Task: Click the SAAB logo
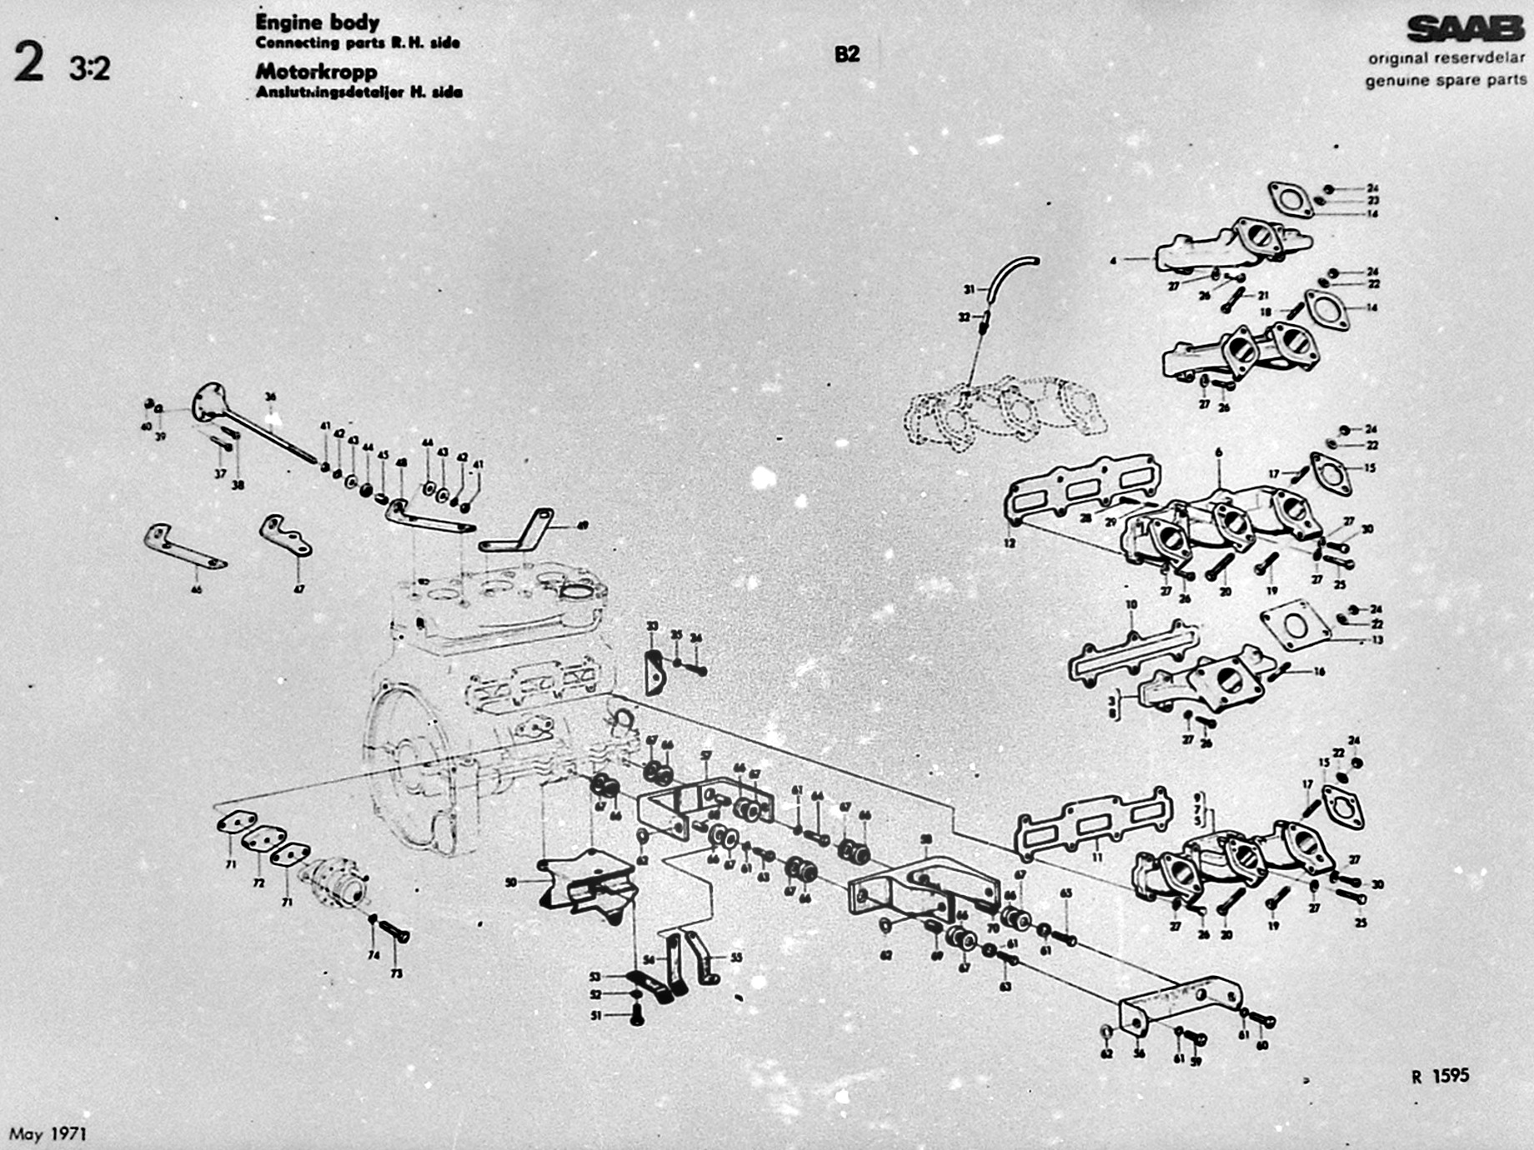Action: pos(1465,29)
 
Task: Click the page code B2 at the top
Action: pos(846,55)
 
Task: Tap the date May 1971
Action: pos(48,1134)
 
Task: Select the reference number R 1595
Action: pos(1440,1076)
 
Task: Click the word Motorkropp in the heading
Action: pos(316,72)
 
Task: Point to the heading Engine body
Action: pos(317,22)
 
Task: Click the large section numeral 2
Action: pos(29,64)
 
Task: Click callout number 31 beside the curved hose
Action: pos(969,289)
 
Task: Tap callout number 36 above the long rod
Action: pos(269,397)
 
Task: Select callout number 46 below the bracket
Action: pos(196,590)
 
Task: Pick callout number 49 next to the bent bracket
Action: pos(582,526)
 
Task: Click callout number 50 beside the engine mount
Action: pos(511,882)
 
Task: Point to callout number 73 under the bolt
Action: pos(396,973)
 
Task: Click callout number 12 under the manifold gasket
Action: pos(1010,543)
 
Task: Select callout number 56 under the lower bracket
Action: pos(1139,1053)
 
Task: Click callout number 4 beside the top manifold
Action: pos(1112,261)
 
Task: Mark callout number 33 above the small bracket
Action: pos(652,626)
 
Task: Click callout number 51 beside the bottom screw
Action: pos(596,1016)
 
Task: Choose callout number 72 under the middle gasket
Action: pos(258,882)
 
